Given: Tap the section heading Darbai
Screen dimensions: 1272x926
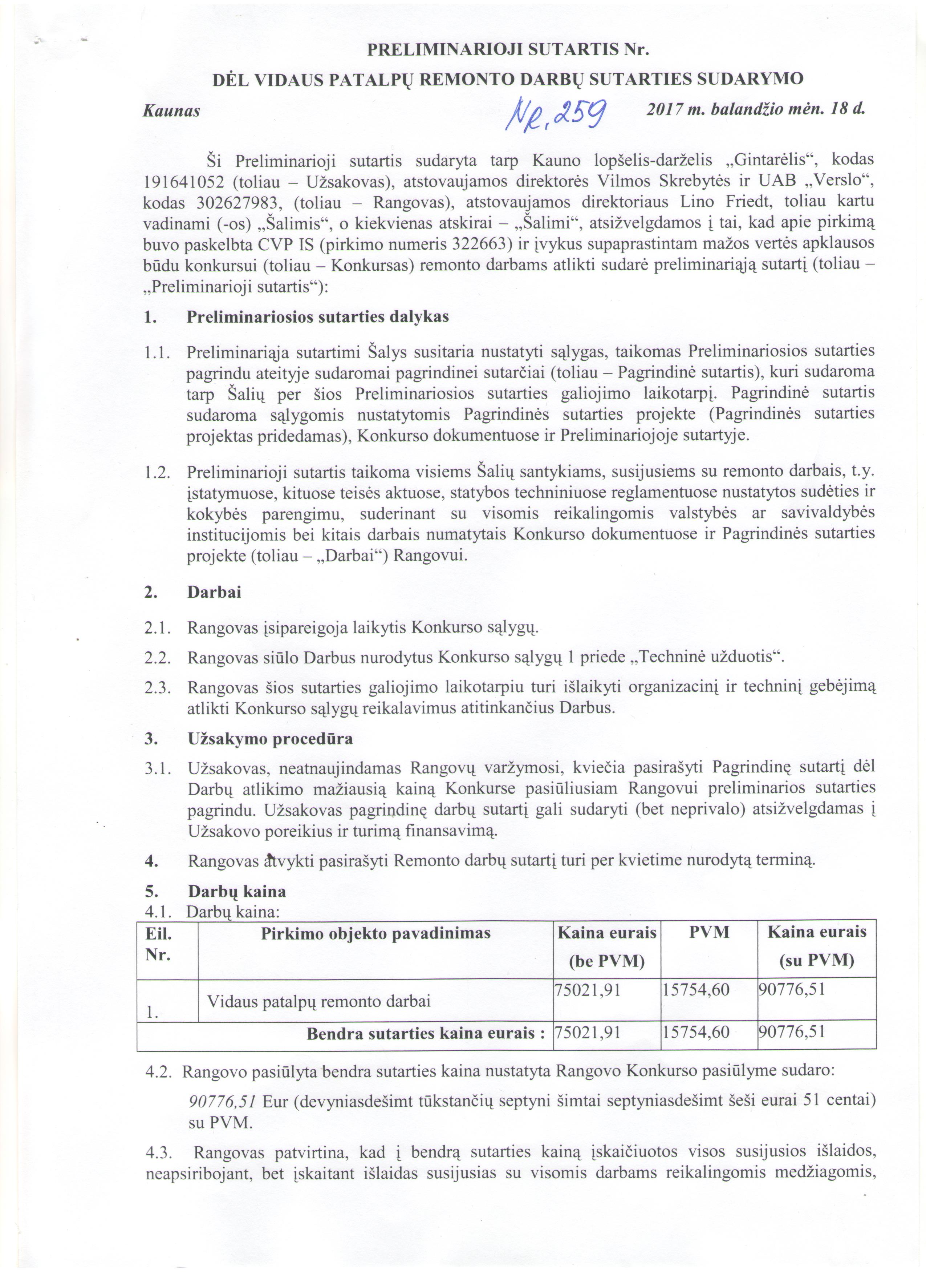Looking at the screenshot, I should pos(214,592).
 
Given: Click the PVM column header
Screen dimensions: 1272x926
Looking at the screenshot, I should pos(708,932).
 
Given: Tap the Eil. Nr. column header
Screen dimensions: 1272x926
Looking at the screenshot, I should pos(159,944).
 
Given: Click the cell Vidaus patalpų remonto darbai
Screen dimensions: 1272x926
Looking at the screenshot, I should pos(319,1001).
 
